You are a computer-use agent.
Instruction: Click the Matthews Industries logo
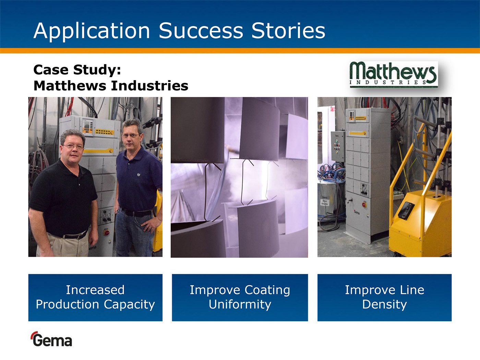click(394, 74)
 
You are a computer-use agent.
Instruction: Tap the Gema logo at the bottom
click(51, 339)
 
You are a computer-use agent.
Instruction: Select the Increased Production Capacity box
click(95, 298)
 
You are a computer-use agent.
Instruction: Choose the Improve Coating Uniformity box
click(240, 298)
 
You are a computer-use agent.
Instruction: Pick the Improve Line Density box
click(384, 298)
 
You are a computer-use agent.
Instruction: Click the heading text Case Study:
click(77, 70)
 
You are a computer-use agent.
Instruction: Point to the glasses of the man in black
click(73, 147)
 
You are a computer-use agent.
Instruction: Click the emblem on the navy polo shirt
click(139, 175)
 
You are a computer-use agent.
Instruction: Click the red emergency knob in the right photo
click(364, 205)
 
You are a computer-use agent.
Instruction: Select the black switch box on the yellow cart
click(406, 210)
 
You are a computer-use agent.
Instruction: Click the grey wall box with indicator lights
click(338, 146)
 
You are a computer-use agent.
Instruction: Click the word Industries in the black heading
click(149, 85)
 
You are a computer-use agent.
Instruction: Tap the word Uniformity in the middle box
click(240, 304)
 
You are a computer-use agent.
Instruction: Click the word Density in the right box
click(384, 304)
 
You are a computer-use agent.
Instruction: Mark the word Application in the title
click(92, 31)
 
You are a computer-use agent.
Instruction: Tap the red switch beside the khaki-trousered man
click(107, 232)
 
